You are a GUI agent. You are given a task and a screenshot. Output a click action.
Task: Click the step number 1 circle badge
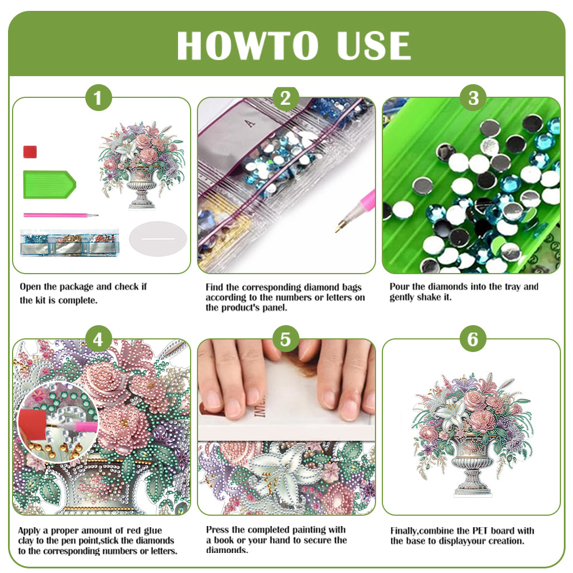click(98, 98)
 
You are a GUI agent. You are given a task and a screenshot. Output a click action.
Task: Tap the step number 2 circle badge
click(286, 98)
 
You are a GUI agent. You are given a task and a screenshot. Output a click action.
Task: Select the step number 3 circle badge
click(473, 98)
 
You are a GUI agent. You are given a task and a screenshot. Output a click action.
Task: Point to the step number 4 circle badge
click(98, 340)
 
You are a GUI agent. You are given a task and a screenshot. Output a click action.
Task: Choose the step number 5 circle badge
click(286, 340)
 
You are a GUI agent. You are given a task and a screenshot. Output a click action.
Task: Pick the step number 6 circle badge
click(473, 340)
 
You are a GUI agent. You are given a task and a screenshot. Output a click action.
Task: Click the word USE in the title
click(374, 46)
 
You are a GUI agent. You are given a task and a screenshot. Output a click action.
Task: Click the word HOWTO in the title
click(247, 46)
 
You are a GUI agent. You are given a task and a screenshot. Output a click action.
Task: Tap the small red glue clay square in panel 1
click(30, 152)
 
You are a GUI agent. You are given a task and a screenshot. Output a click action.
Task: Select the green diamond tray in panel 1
click(48, 184)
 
